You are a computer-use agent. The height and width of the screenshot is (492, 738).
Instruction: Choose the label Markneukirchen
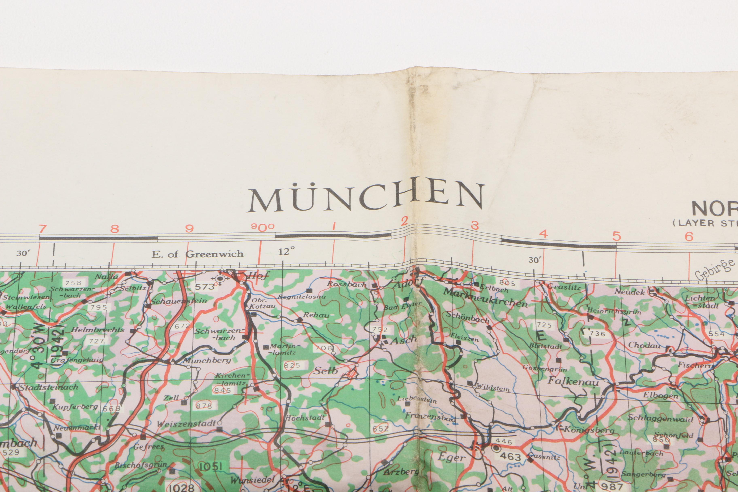click(x=485, y=297)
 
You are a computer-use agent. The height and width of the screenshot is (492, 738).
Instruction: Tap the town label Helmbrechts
click(x=97, y=330)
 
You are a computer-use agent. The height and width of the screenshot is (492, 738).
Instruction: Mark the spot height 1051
click(x=210, y=467)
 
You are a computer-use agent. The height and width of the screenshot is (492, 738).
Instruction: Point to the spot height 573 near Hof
click(x=205, y=286)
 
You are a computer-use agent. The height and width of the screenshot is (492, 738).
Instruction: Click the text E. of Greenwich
click(x=197, y=254)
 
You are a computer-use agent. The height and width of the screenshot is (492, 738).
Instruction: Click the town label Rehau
click(x=316, y=315)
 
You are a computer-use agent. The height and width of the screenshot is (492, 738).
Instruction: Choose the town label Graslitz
click(x=564, y=287)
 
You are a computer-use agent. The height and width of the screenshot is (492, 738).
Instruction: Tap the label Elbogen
click(x=660, y=395)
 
